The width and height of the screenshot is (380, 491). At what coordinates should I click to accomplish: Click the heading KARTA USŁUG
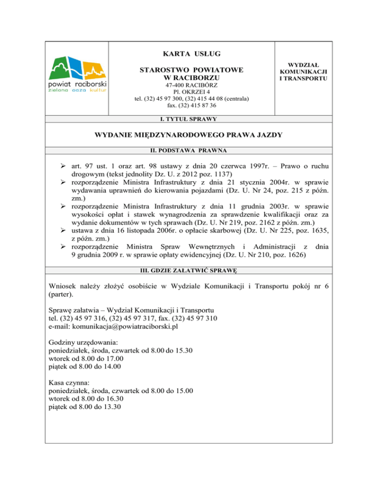pos(191,53)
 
